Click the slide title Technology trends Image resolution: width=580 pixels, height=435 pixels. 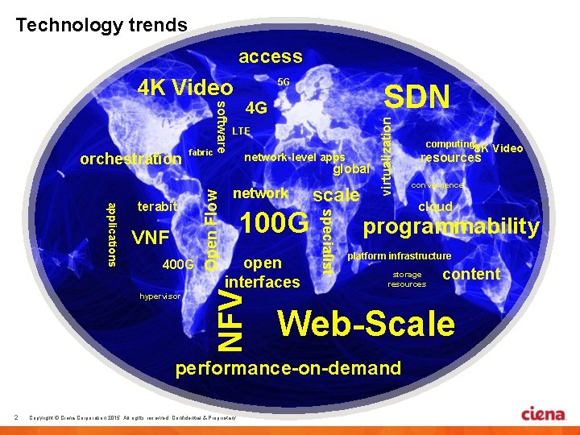[101, 25]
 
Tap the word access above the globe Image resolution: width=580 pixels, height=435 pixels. [270, 56]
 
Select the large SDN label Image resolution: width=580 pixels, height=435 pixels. [416, 97]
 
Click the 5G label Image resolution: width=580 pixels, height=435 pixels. [284, 82]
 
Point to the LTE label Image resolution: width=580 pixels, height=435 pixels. [241, 130]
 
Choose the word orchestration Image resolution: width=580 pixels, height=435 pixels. [131, 159]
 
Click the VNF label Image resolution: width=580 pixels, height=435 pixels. [150, 237]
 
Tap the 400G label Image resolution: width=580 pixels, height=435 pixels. [178, 265]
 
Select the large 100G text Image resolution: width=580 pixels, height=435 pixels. [275, 222]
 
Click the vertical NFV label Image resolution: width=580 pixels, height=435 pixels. [232, 320]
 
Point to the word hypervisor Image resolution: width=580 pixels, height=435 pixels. [159, 296]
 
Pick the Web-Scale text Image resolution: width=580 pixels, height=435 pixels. [366, 323]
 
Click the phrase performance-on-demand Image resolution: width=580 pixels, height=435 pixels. [288, 368]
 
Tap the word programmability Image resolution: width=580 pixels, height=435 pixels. [451, 227]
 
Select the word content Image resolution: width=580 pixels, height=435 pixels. [471, 274]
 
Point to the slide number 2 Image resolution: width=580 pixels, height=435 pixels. [16, 416]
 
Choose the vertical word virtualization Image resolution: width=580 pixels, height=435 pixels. [387, 153]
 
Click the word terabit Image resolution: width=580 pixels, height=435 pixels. [156, 207]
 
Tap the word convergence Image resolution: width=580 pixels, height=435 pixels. [437, 185]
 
